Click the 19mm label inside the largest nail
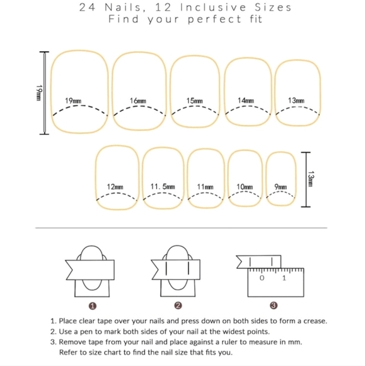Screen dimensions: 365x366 (x=73, y=101)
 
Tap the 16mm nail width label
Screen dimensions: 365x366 (x=138, y=101)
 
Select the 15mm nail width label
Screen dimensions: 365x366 (x=195, y=101)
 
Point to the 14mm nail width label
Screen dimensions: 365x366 (x=246, y=100)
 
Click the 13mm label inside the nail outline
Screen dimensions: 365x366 (x=296, y=100)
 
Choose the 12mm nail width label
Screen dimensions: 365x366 (x=115, y=187)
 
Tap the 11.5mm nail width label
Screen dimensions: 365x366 (x=163, y=187)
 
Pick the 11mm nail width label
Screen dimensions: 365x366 (x=206, y=187)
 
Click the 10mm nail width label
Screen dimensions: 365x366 (x=245, y=187)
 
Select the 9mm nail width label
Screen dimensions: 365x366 (x=281, y=187)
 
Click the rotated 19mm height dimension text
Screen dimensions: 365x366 (x=39, y=93)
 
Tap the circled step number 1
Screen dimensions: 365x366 (x=93, y=306)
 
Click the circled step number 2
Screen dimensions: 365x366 (x=178, y=305)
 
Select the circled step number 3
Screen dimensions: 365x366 (x=274, y=305)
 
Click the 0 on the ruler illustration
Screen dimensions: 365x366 (x=262, y=278)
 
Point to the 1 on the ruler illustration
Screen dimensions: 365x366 (x=284, y=278)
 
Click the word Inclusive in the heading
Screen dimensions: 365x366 (x=213, y=8)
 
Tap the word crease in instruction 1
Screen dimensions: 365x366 (x=315, y=321)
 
